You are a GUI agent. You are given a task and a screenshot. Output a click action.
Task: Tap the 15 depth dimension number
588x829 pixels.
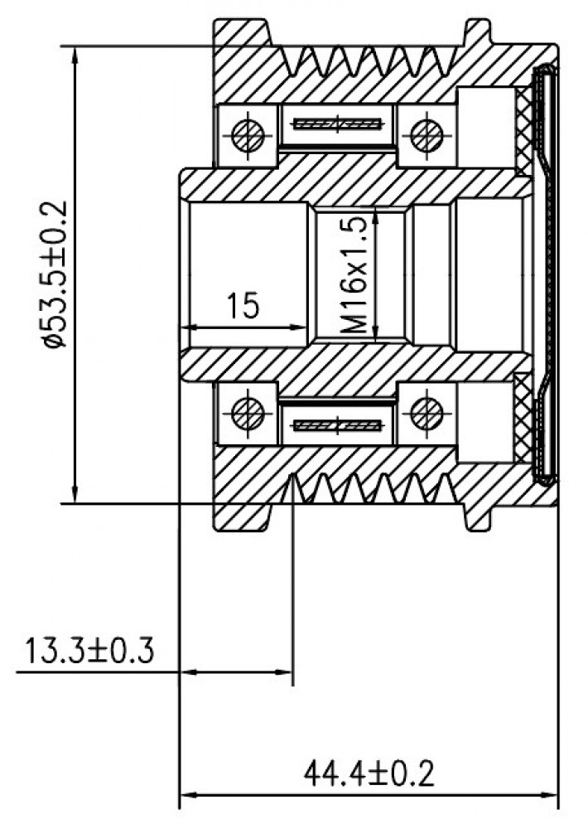click(x=243, y=305)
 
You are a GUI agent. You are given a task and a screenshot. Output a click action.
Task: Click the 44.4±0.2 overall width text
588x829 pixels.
click(x=369, y=773)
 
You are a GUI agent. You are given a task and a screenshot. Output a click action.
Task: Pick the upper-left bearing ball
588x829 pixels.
click(x=248, y=135)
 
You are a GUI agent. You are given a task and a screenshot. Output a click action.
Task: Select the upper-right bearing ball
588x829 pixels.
click(x=427, y=135)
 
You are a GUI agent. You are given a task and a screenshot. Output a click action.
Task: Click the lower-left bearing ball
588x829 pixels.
click(x=248, y=413)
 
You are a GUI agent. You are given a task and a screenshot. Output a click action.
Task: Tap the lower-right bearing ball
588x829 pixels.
click(x=427, y=413)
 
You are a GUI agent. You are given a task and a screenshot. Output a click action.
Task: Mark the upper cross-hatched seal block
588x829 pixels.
click(x=524, y=131)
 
